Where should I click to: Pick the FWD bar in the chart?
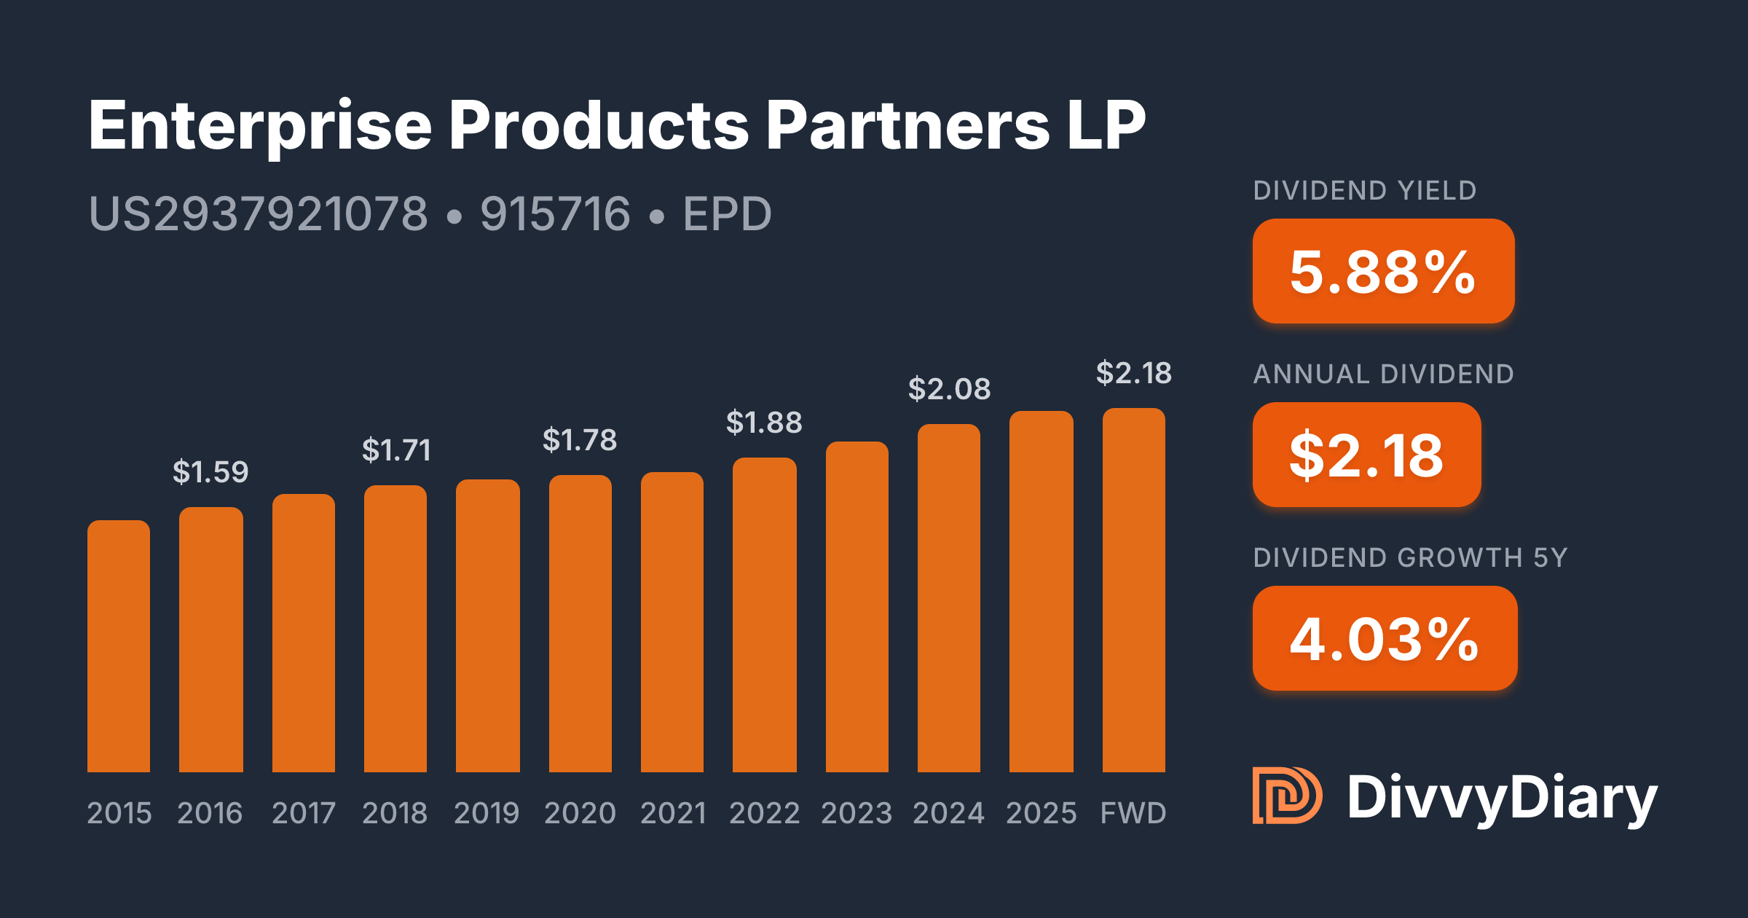coord(1133,589)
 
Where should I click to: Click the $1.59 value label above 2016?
coord(210,472)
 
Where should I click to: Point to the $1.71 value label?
coord(396,450)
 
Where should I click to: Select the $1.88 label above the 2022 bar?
coord(764,423)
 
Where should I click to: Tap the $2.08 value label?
coord(949,389)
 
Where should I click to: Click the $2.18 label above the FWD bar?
coord(1133,373)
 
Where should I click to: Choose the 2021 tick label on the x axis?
coord(673,813)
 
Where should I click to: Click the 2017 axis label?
coord(304,813)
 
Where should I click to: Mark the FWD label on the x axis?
coord(1133,813)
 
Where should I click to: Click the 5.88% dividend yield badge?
coord(1383,271)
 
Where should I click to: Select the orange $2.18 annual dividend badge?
coord(1366,455)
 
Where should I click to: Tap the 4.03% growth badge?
coord(1385,638)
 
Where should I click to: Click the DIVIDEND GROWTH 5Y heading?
coord(1410,557)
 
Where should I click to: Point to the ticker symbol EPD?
coord(727,214)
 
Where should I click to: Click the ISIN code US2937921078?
coord(258,214)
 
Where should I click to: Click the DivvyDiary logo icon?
coord(1286,796)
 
